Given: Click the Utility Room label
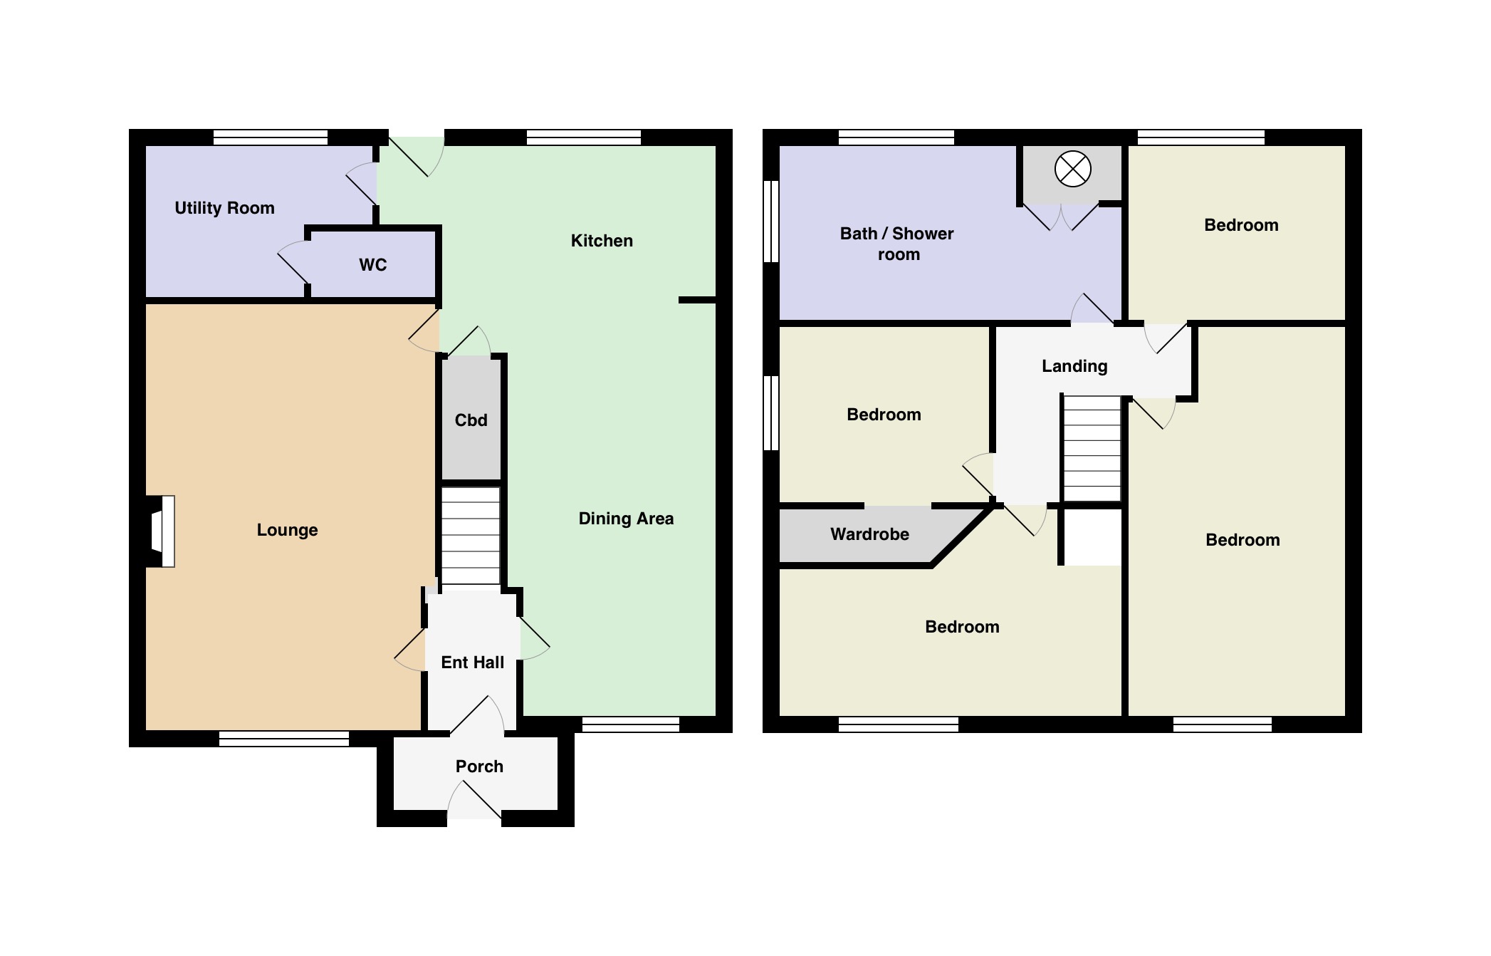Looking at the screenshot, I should coord(224,208).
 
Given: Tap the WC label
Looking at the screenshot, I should coord(372,265).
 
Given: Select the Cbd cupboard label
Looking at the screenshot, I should coord(471,420).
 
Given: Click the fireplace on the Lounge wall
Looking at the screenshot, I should coord(162,531).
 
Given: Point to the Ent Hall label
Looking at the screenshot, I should coord(472,663).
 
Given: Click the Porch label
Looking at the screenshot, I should coord(479,767).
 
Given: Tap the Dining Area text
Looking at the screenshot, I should coord(626,519).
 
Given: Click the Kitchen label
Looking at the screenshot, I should coord(602,241).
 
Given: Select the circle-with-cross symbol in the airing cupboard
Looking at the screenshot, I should coord(1072,170).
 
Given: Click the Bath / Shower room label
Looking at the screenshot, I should coord(897,244).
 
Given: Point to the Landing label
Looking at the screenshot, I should coord(1074,366).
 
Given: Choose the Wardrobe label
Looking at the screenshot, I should coord(869,534).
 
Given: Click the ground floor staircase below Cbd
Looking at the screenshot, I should coord(471,536).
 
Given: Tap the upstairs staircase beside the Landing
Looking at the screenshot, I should coord(1092,449).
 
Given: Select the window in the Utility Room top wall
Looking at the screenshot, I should coord(271,137).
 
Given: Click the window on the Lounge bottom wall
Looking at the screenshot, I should coord(284,739).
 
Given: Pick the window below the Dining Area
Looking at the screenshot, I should coord(631,724).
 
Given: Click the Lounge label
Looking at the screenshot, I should coord(287,530).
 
